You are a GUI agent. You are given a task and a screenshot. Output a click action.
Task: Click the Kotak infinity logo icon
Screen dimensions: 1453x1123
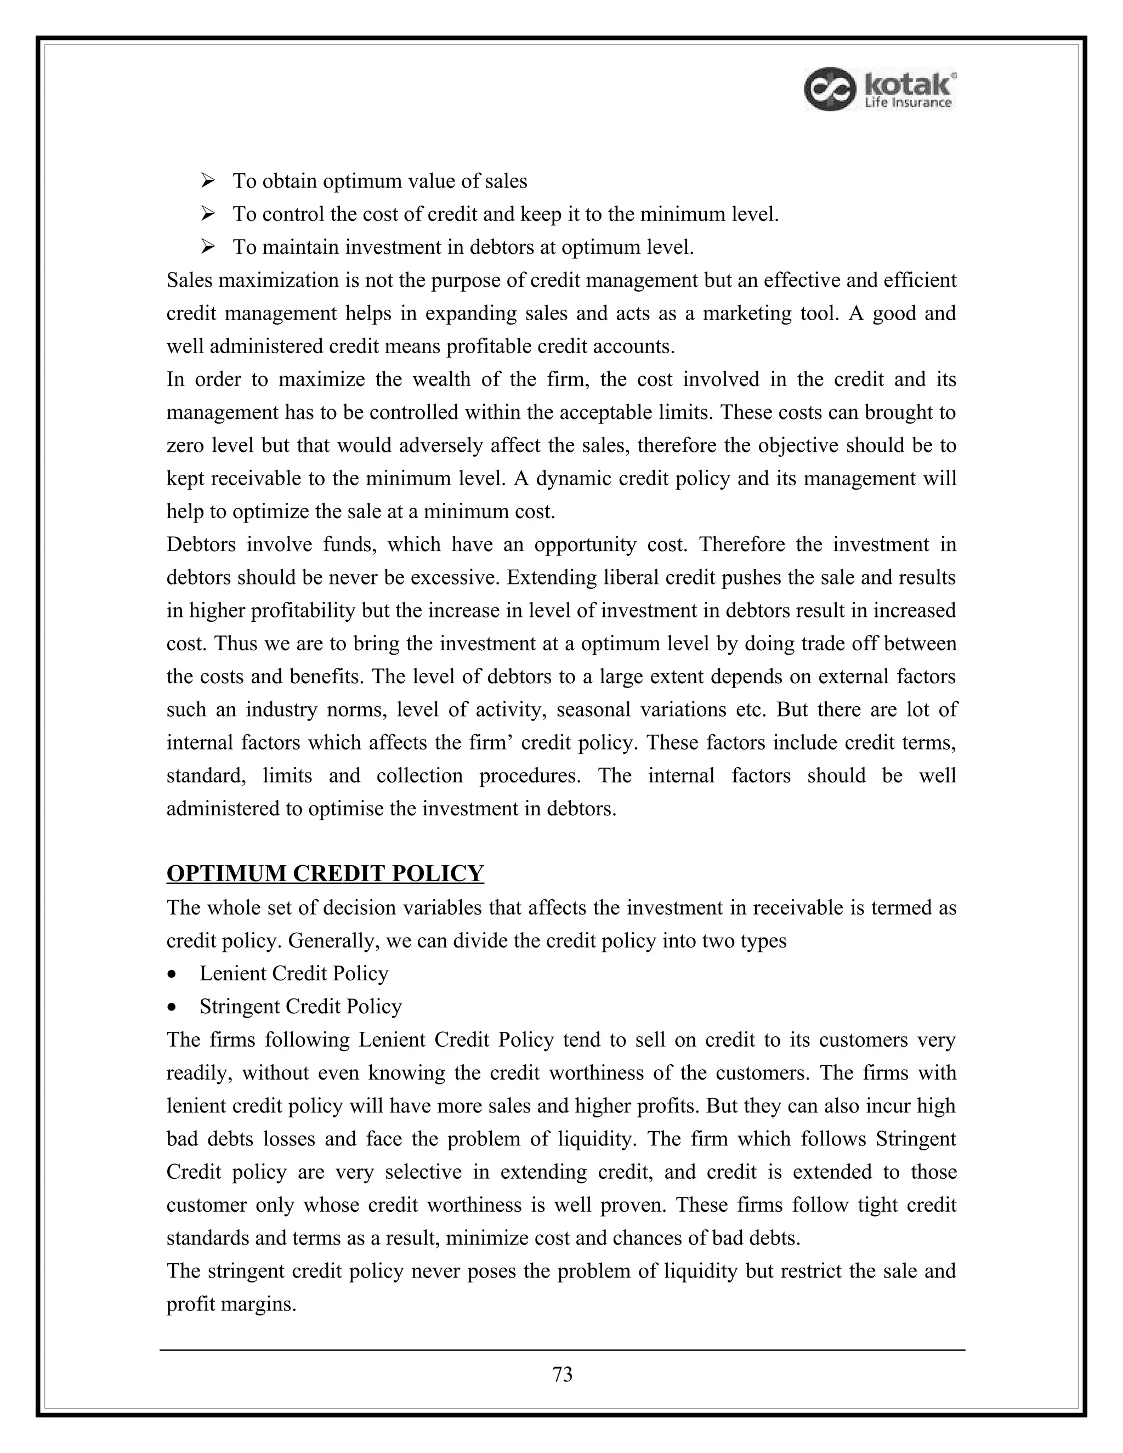coord(829,88)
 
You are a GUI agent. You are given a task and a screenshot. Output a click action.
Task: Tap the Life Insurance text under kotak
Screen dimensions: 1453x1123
coord(908,103)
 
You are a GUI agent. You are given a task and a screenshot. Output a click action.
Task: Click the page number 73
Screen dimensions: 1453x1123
coord(562,1374)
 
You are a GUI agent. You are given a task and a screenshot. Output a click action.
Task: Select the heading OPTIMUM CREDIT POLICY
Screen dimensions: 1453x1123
coord(325,873)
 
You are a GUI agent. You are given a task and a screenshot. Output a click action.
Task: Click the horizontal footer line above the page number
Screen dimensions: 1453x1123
coord(562,1350)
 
